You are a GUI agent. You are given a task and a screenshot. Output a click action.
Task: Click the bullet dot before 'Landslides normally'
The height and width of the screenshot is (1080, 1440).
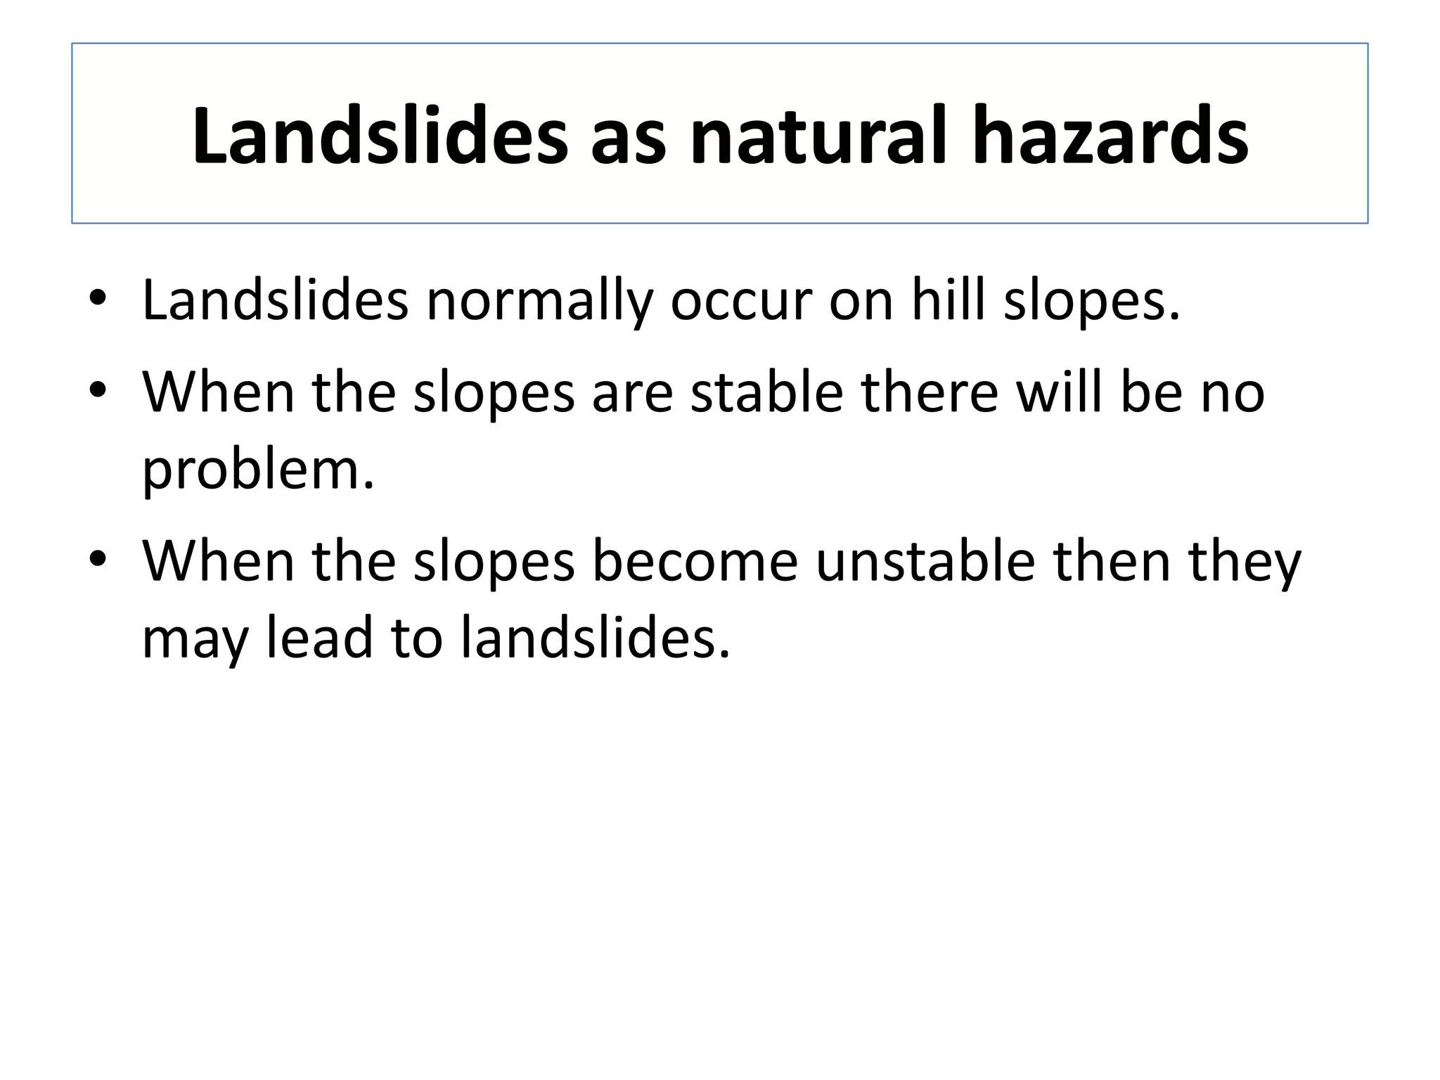(98, 298)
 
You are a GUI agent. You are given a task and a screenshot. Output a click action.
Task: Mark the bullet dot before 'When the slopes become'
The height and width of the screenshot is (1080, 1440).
(98, 558)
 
